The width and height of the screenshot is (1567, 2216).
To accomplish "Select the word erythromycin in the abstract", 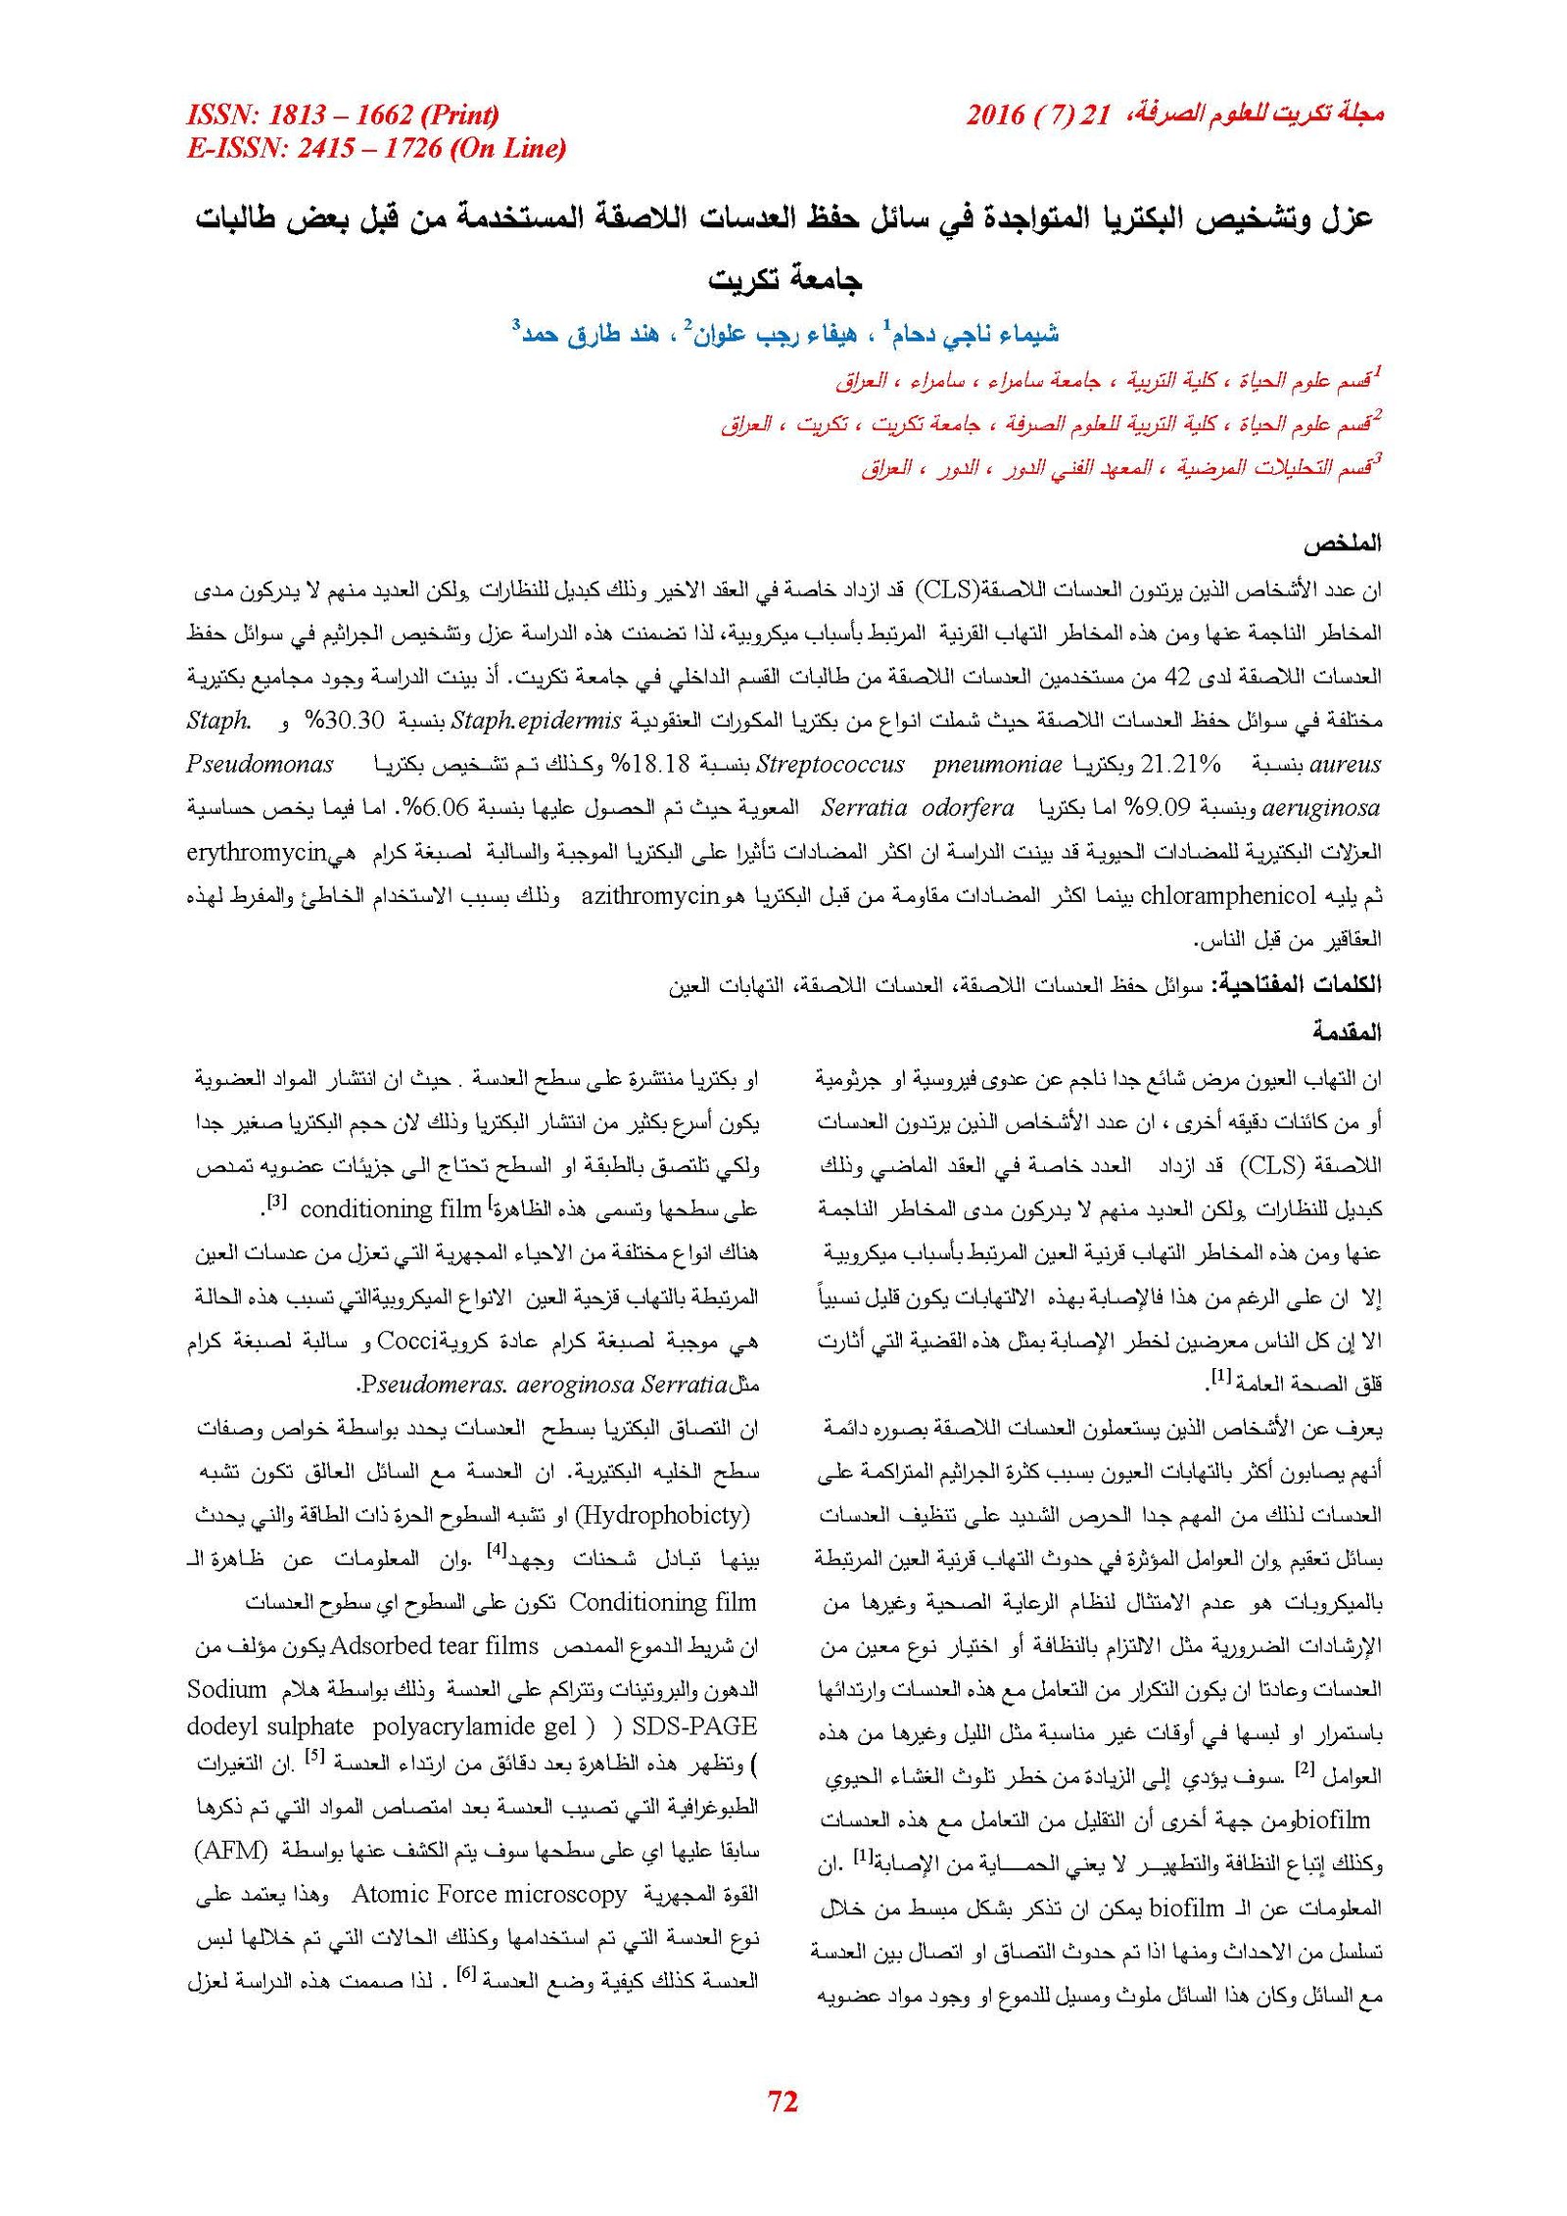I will point(256,853).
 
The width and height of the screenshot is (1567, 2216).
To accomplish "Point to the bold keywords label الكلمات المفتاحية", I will point(1297,985).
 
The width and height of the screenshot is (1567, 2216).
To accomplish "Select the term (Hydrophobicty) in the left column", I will point(662,1515).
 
